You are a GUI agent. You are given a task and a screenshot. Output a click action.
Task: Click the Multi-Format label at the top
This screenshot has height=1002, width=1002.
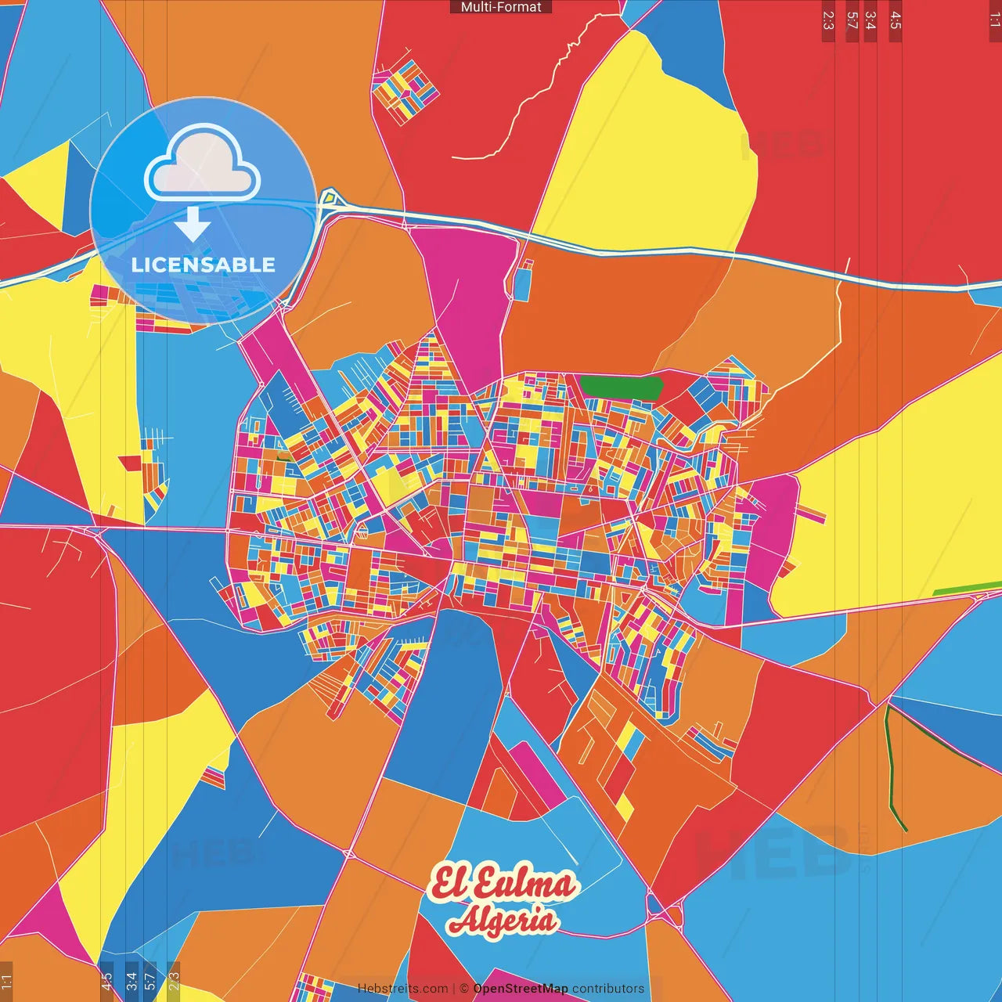tap(501, 7)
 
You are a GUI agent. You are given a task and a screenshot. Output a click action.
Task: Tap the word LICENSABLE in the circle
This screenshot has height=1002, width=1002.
tap(203, 265)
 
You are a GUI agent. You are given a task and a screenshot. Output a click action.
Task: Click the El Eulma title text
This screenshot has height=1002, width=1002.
tap(503, 883)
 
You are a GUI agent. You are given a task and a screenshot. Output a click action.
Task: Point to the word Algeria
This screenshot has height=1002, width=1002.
tap(503, 920)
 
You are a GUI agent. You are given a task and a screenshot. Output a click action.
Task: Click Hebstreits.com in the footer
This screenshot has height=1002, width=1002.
tap(403, 989)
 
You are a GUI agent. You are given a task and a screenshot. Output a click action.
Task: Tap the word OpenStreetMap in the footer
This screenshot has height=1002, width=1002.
tap(521, 989)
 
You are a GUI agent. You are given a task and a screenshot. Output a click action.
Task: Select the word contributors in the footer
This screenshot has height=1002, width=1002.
tap(608, 989)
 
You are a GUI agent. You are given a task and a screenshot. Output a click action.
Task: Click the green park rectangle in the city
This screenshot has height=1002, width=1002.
tap(621, 387)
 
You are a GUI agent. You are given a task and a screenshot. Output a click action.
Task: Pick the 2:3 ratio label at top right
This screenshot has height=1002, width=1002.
tap(828, 20)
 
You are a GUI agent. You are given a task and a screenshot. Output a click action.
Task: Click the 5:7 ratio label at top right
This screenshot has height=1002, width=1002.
tap(852, 20)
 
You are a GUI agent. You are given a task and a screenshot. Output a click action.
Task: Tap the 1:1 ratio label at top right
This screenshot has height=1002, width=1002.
tap(994, 20)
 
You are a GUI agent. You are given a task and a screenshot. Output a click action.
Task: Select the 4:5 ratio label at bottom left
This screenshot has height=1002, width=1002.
tap(106, 981)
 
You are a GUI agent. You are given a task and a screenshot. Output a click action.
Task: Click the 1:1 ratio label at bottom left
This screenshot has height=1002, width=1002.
tap(6, 981)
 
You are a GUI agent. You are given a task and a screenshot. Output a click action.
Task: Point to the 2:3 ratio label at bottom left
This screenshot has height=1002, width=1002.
tap(174, 981)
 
